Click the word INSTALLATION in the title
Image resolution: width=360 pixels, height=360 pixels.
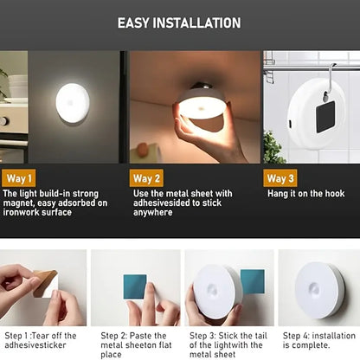(x=196, y=22)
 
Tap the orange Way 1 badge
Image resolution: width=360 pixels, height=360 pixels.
(x=19, y=178)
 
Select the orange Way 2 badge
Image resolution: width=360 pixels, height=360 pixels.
(x=146, y=178)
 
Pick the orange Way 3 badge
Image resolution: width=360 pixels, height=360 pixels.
(x=280, y=178)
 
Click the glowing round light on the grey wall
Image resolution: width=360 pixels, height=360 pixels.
(x=73, y=103)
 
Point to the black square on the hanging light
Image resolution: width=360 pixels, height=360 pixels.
(x=325, y=117)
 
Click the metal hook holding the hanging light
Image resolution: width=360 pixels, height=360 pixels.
(x=330, y=80)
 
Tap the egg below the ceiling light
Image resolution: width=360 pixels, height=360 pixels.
(x=143, y=150)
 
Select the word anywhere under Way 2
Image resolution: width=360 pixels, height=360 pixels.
(x=153, y=213)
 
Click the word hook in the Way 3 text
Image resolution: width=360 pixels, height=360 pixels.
(x=335, y=193)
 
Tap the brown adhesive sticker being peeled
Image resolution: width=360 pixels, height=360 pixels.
(x=45, y=283)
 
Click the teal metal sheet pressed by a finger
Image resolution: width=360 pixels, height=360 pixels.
(x=135, y=286)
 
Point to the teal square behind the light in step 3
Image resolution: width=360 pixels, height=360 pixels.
(x=254, y=281)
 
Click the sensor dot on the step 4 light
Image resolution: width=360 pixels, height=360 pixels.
(x=313, y=287)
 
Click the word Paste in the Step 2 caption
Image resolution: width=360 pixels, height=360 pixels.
(x=140, y=336)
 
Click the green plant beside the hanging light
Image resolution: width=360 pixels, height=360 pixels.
(x=274, y=148)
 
